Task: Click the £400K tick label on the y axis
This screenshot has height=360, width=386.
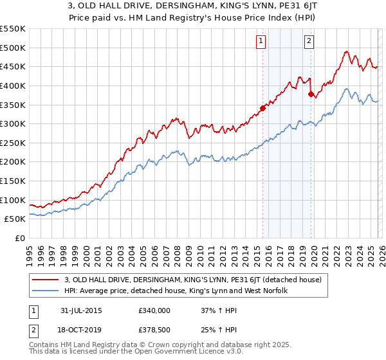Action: (x=13, y=85)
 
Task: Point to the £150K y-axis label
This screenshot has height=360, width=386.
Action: (x=13, y=181)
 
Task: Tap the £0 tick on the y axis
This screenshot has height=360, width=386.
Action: (x=20, y=238)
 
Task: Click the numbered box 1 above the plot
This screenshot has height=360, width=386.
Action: (x=261, y=41)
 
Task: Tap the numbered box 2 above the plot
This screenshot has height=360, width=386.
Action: (x=309, y=41)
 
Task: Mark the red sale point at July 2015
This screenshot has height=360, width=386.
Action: (x=262, y=108)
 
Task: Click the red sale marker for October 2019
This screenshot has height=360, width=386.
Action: (x=311, y=94)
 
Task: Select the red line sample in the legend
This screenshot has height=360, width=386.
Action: (x=46, y=280)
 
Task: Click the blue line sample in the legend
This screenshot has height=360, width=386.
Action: (x=46, y=291)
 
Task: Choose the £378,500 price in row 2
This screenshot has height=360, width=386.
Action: (x=154, y=330)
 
